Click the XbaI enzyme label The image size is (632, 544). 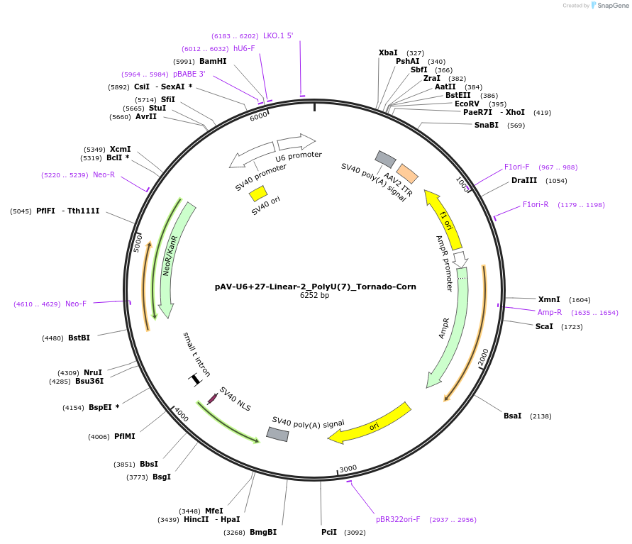click(388, 52)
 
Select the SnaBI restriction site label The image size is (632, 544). click(487, 125)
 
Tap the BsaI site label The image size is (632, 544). click(513, 416)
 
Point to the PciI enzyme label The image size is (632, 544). click(329, 532)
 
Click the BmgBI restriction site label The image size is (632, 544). click(263, 532)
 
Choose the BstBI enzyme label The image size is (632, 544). click(78, 338)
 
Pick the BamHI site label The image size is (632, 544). click(213, 61)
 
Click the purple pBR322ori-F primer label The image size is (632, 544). click(398, 519)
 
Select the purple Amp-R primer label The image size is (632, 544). click(550, 312)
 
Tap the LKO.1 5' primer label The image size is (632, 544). click(278, 35)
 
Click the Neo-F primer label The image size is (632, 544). click(76, 304)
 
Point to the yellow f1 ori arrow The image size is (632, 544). click(443, 215)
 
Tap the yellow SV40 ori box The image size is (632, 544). click(258, 193)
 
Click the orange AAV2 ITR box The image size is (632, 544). click(407, 173)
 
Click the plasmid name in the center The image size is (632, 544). click(316, 287)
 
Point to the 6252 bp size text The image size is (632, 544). click(315, 296)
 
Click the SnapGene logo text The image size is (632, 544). click(614, 6)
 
